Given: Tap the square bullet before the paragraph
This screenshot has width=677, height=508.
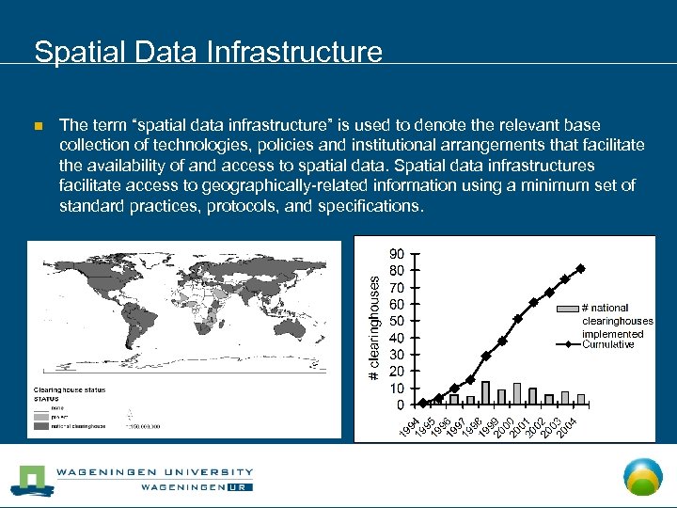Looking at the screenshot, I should tap(38, 126).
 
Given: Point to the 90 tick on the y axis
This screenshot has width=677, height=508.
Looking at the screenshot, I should tap(398, 254).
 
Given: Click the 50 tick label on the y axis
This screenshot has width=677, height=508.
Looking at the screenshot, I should tap(398, 321).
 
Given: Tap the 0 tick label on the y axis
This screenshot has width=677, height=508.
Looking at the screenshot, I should tap(401, 405).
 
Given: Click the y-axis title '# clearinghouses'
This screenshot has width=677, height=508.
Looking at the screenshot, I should tap(373, 327).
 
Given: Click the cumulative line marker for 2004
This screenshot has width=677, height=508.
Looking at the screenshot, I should tap(581, 268).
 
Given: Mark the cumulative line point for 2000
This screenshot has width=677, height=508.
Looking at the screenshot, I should tap(502, 341).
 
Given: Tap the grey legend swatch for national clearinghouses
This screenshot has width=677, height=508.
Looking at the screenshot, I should tap(568, 308).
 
